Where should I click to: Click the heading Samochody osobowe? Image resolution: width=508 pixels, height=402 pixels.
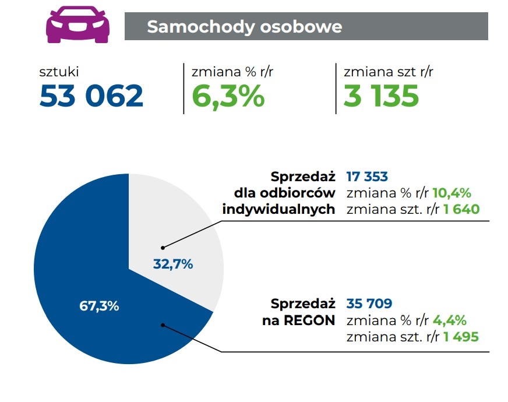tap(244, 27)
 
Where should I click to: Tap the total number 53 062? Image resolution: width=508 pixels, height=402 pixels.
tap(91, 96)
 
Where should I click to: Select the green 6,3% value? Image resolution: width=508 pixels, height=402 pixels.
tap(228, 96)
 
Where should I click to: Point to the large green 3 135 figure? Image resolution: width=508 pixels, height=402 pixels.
tap(381, 96)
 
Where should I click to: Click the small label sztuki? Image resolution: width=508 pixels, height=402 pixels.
tap(59, 72)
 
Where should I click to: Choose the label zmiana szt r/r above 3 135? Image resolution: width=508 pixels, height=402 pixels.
tap(389, 72)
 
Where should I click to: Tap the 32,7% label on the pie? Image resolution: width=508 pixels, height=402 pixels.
tap(173, 264)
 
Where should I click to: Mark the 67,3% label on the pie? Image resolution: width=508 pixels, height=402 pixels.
tap(99, 306)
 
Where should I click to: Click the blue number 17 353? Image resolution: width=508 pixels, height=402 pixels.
tap(367, 177)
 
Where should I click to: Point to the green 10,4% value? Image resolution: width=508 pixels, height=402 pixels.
tap(451, 193)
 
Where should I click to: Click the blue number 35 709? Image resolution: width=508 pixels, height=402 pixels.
tap(369, 304)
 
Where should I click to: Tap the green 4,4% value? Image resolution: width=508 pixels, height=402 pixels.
tap(449, 320)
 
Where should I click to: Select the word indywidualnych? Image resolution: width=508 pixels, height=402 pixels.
tap(279, 209)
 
